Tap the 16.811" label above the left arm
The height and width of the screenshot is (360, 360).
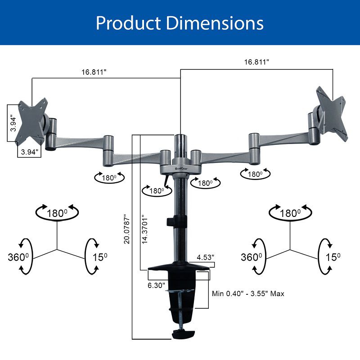(94, 72)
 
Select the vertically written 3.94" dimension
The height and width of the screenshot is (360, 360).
(13, 123)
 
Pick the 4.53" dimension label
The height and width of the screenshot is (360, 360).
(206, 257)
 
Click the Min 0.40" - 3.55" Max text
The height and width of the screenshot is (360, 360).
(248, 293)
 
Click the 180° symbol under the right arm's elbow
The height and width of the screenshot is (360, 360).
(254, 174)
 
